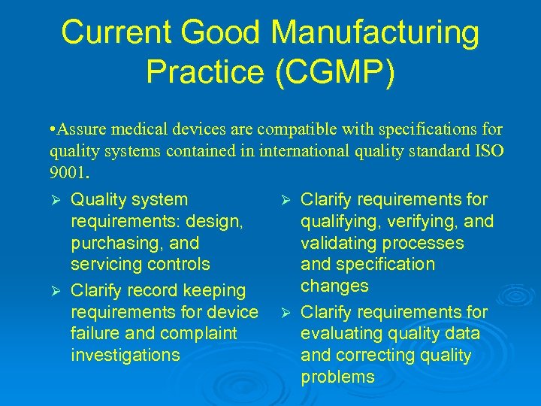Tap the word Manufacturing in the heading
coord(374,33)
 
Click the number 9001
coord(68,172)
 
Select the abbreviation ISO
coord(489,151)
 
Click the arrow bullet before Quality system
coord(53,200)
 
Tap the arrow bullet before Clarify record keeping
coord(53,291)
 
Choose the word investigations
coord(125,354)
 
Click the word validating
coord(339,243)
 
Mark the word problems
coord(337,377)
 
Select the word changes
coord(334,286)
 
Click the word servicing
coord(105,264)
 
